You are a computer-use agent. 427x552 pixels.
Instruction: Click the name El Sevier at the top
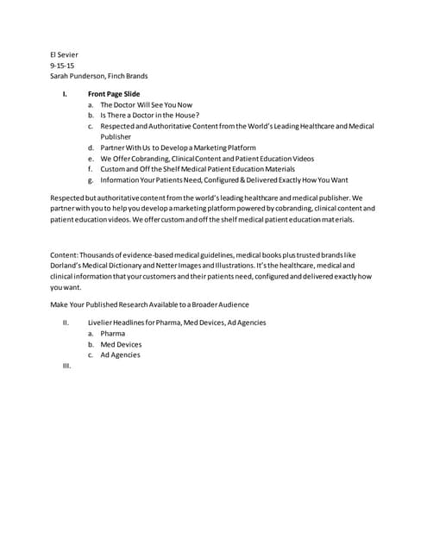pos(65,54)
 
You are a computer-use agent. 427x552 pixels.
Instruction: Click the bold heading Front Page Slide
pos(114,94)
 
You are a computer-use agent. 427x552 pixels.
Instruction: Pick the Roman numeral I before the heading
pos(66,94)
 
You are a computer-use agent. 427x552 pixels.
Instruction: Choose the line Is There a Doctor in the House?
pos(149,115)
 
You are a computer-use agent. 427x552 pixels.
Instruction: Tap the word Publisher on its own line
pos(116,136)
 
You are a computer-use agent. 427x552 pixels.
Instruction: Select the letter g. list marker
pos(91,180)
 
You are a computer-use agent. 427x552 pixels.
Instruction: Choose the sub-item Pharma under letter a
pos(112,334)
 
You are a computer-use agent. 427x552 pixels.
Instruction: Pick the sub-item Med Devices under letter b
pos(121,344)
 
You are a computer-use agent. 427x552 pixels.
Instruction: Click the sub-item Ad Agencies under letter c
pos(120,354)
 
